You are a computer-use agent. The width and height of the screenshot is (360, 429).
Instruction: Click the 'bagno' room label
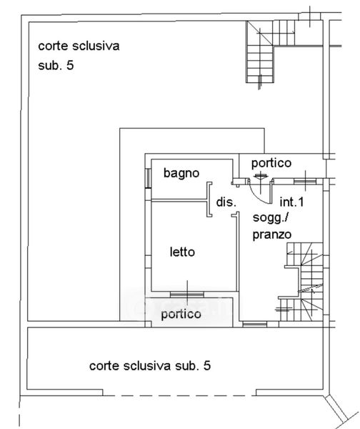[181, 174]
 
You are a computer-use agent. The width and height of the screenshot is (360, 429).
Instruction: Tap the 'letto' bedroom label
[182, 252]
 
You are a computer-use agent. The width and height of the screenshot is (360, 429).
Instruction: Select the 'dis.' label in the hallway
[226, 202]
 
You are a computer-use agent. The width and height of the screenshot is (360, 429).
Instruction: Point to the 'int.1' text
[291, 202]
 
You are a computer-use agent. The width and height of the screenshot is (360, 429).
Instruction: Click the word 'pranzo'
[272, 235]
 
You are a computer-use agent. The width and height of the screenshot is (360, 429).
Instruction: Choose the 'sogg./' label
[271, 219]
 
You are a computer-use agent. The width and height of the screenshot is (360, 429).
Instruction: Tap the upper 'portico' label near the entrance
[271, 164]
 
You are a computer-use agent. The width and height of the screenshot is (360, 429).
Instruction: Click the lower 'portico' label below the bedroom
[181, 315]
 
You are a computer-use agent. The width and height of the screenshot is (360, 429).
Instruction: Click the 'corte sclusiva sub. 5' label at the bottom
[150, 366]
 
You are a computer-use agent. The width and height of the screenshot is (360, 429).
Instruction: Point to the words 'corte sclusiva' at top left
[79, 46]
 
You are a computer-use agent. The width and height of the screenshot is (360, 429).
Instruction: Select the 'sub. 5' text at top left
[56, 66]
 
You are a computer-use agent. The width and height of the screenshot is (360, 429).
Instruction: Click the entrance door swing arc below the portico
[258, 194]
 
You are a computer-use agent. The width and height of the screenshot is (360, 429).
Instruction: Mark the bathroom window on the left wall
[148, 178]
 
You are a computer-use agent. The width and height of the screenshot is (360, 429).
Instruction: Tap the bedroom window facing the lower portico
[187, 295]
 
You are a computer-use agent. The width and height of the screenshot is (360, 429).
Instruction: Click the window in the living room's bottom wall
[255, 325]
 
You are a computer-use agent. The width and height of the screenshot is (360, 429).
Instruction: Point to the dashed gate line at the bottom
[179, 395]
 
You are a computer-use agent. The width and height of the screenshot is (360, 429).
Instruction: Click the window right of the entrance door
[305, 181]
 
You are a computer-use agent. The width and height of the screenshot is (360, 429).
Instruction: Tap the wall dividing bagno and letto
[179, 201]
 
